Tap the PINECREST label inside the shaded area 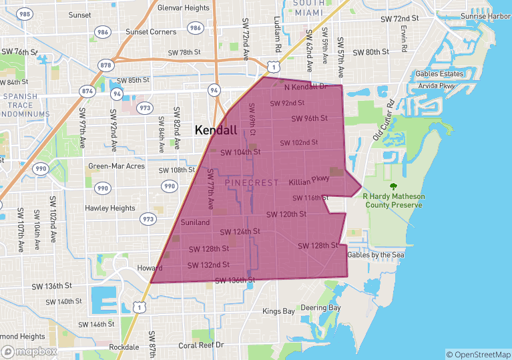252,182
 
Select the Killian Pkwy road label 309,182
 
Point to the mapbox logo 29,351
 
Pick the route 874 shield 87,90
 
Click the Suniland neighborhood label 195,222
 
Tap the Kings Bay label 278,311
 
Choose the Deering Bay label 320,308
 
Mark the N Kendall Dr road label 305,87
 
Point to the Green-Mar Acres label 117,166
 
